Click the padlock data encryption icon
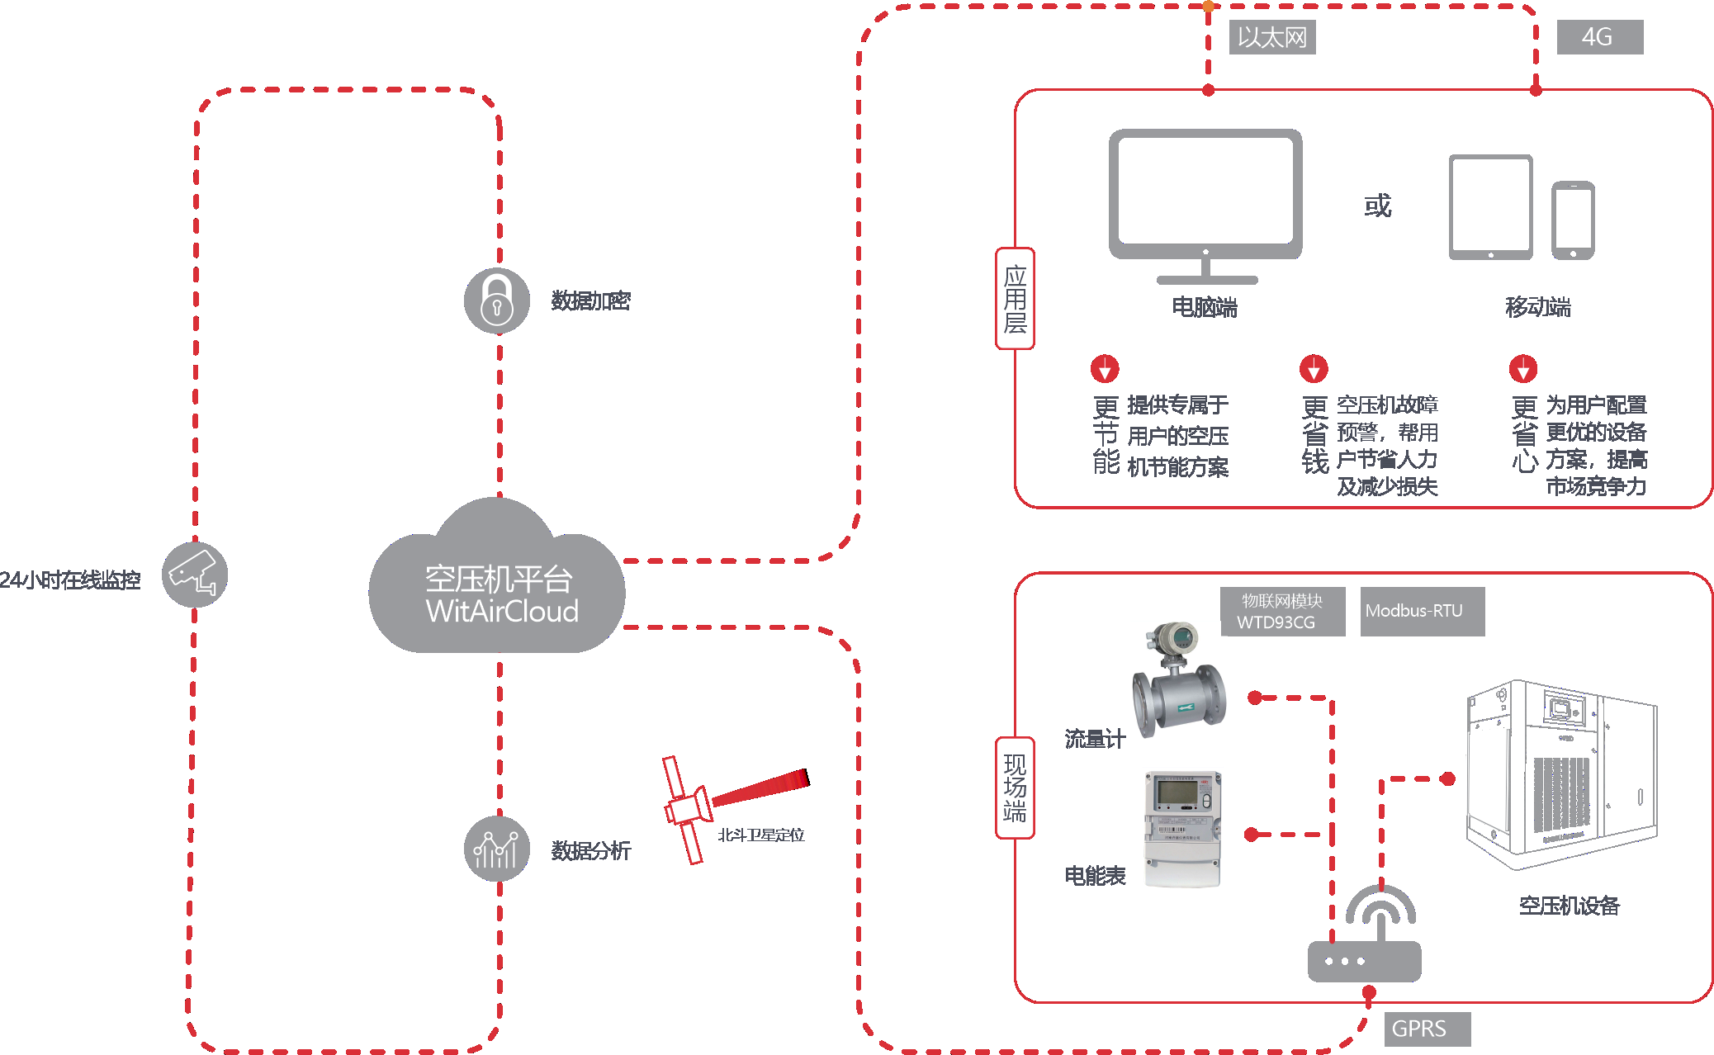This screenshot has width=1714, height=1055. (496, 300)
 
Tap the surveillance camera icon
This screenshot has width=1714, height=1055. (194, 575)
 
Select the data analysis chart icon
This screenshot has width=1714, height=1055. (496, 849)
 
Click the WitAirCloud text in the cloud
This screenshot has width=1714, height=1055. (502, 612)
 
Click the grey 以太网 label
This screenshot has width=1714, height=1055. (1271, 37)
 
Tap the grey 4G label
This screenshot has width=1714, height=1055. (1599, 37)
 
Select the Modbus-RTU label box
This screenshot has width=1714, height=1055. (1422, 611)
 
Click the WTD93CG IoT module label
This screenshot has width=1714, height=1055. (1282, 612)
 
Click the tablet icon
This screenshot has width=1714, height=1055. (1491, 207)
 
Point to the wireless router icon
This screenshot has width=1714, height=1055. (1365, 937)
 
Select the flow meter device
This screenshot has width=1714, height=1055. (1178, 680)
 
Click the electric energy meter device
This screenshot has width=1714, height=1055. (1182, 828)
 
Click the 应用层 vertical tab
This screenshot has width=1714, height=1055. (1015, 299)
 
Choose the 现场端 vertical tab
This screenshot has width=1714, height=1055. (1015, 788)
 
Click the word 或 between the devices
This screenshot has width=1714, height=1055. (1377, 206)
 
